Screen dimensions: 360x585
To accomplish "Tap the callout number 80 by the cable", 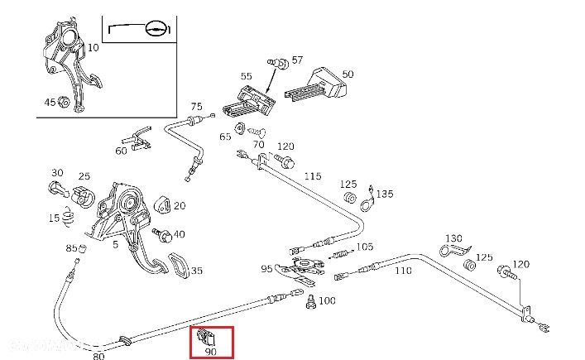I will [x=98, y=357].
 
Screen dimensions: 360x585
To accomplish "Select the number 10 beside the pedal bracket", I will [x=93, y=48].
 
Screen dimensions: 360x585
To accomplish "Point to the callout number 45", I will [x=50, y=102].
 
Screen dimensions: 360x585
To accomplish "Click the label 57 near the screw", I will [x=297, y=60].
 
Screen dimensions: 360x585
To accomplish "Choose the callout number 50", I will [x=348, y=74].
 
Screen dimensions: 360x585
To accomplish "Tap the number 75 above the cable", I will [x=196, y=107].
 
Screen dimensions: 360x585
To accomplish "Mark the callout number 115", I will [x=312, y=175].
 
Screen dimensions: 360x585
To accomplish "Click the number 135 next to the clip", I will [x=386, y=194].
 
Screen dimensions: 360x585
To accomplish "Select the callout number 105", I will [x=364, y=247].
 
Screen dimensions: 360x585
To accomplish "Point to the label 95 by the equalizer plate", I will [x=266, y=269].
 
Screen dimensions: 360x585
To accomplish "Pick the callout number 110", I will [x=403, y=271].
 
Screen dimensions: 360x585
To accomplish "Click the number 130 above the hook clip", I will [x=453, y=238].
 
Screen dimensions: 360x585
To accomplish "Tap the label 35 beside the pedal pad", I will [x=196, y=270].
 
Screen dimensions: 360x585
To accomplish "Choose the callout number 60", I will [x=122, y=151].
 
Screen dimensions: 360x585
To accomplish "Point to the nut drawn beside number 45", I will [x=65, y=103].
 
